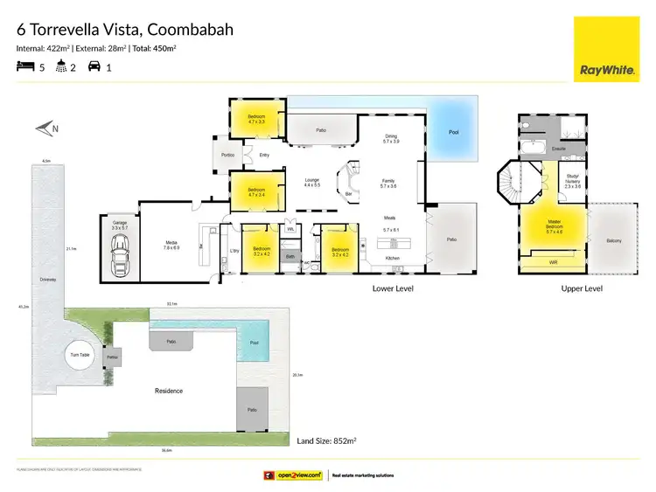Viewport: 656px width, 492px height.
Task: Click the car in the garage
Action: [120, 254]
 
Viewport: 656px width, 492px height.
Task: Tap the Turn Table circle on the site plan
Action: [80, 355]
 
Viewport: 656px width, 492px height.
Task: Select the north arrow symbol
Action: [46, 129]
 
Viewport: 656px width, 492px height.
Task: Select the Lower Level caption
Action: [393, 288]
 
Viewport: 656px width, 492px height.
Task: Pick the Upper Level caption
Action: [583, 288]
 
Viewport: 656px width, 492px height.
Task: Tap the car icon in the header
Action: [94, 66]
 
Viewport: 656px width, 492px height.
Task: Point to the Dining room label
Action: [391, 138]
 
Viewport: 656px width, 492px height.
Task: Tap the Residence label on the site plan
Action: [169, 391]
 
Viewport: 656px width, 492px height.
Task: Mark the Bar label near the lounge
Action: [350, 194]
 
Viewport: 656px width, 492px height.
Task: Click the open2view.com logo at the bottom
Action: [295, 475]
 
